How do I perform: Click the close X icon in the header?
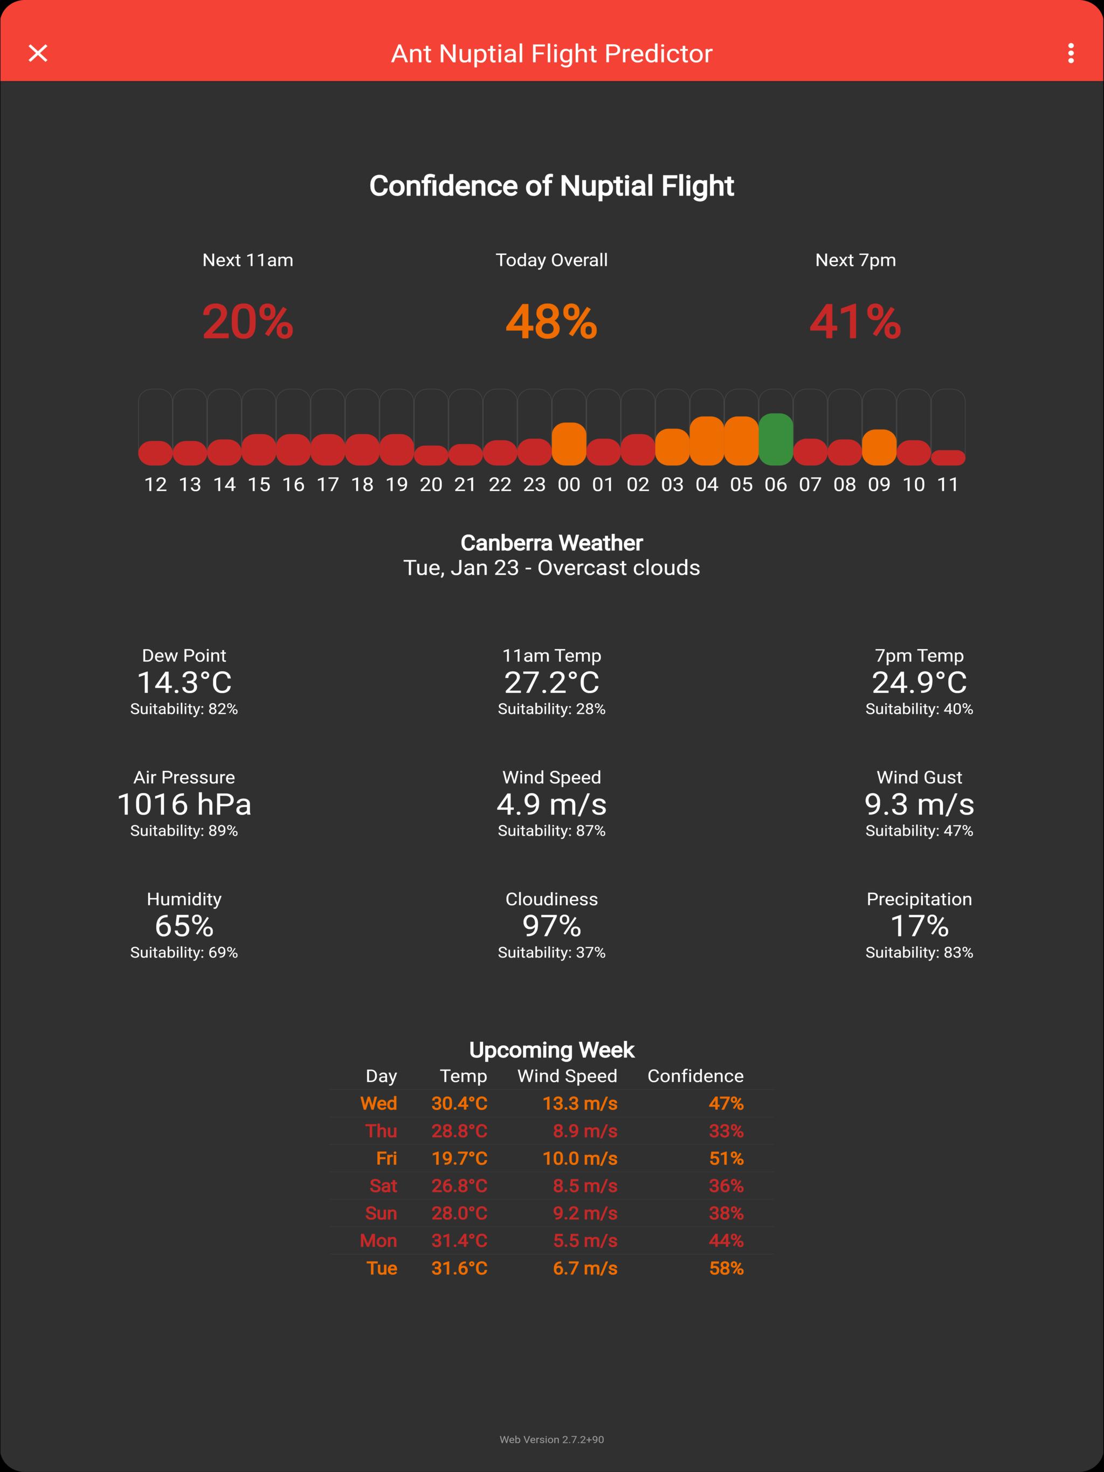[x=38, y=53]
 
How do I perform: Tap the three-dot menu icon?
[x=1071, y=53]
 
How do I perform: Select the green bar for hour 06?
[x=775, y=439]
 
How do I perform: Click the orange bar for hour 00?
[x=569, y=444]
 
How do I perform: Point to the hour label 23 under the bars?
[x=534, y=484]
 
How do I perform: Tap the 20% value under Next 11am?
[x=248, y=322]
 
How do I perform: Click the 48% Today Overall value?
[x=551, y=322]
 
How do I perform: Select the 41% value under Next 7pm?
[x=855, y=322]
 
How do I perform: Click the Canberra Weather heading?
[x=551, y=543]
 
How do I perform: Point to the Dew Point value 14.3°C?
[x=184, y=683]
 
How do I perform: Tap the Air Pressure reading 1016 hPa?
[x=184, y=804]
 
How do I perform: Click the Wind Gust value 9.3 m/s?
[x=919, y=804]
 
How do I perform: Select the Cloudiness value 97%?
[x=551, y=926]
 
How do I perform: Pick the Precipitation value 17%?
[x=919, y=926]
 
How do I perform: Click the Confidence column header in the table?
[x=695, y=1076]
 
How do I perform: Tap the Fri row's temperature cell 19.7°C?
[x=459, y=1158]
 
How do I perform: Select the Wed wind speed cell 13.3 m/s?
[x=579, y=1103]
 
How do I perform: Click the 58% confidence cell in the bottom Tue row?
[x=726, y=1268]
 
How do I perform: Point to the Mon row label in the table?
[x=378, y=1241]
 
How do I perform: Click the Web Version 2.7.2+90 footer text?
[x=551, y=1439]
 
